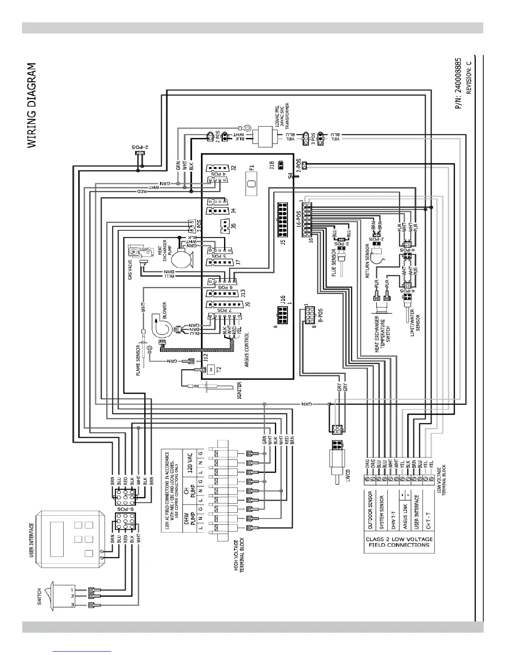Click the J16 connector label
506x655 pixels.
click(283, 299)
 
